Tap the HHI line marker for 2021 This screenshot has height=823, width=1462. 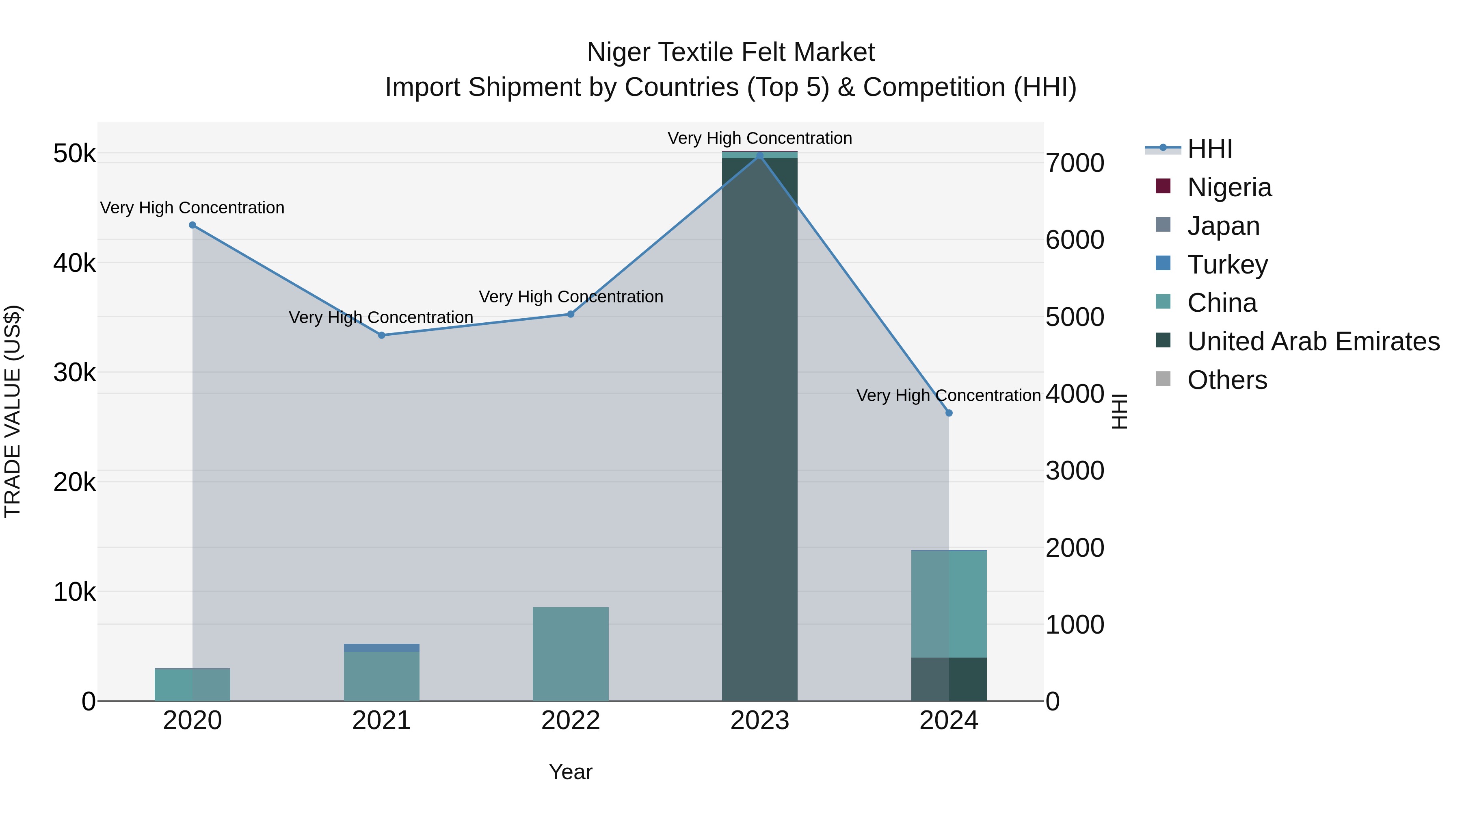pos(381,336)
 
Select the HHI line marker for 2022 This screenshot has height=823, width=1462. pos(571,314)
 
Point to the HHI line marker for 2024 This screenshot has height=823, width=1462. pos(949,413)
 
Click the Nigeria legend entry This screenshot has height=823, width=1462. pos(1229,187)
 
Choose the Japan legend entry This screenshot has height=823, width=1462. pos(1223,226)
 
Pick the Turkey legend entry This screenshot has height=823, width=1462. pos(1227,265)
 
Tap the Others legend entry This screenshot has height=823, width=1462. pos(1226,380)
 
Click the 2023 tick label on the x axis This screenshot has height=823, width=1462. pos(759,721)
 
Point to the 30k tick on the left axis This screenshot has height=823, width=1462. pos(74,373)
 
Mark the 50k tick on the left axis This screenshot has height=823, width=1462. pos(74,153)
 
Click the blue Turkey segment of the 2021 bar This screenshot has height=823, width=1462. pos(381,647)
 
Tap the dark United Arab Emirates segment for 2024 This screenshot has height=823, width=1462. pos(949,679)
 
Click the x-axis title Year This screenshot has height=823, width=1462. pos(571,772)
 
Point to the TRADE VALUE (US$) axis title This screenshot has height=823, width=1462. pos(13,411)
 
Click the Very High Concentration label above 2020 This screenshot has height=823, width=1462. pos(192,208)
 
